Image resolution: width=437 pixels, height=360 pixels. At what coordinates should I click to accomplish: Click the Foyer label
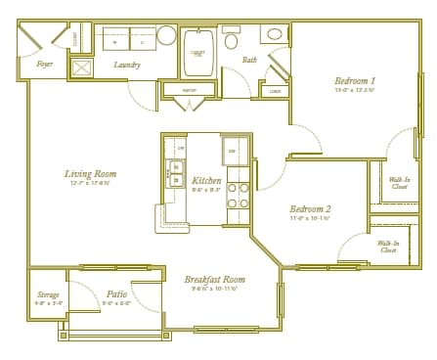click(45, 64)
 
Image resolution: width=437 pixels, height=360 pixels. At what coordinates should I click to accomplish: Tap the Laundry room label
click(127, 65)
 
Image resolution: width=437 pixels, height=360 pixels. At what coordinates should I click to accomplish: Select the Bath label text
click(250, 60)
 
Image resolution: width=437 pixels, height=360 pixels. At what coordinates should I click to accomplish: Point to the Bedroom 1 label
click(356, 80)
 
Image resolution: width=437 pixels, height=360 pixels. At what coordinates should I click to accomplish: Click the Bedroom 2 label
click(310, 208)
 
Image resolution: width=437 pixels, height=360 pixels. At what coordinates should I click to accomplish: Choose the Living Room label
click(87, 174)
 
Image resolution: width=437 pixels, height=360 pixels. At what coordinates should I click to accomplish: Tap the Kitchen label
click(206, 181)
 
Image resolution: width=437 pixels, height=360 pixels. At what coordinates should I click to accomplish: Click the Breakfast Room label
click(214, 279)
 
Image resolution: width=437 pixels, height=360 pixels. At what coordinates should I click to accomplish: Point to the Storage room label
click(49, 293)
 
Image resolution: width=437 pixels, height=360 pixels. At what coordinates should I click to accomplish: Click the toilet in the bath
click(232, 40)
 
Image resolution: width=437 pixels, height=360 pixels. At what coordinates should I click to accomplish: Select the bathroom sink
click(275, 34)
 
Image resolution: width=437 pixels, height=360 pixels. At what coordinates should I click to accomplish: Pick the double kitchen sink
click(177, 173)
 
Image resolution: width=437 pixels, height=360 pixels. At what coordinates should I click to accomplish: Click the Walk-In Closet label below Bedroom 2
click(388, 246)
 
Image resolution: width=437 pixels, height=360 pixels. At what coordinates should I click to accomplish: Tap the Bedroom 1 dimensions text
click(356, 90)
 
